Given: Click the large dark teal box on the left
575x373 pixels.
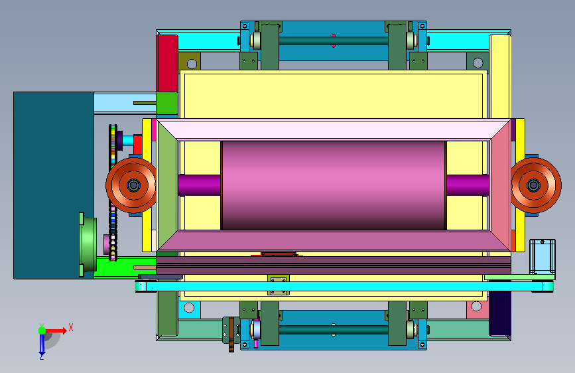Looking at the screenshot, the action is point(53,185).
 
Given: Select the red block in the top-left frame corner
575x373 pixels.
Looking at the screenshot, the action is point(167,63).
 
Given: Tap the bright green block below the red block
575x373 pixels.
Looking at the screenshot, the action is point(167,103).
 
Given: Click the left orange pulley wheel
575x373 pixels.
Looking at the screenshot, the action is point(131,185).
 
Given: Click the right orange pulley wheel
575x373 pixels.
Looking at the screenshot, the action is point(536,185).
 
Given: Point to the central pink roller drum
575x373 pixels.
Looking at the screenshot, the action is point(334,185).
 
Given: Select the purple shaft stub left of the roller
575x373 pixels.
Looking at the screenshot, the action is point(200,185).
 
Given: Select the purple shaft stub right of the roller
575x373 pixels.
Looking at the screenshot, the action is point(468,185).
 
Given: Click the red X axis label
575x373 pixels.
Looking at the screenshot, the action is point(71,327).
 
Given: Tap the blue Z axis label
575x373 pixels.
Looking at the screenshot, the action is point(42,356).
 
